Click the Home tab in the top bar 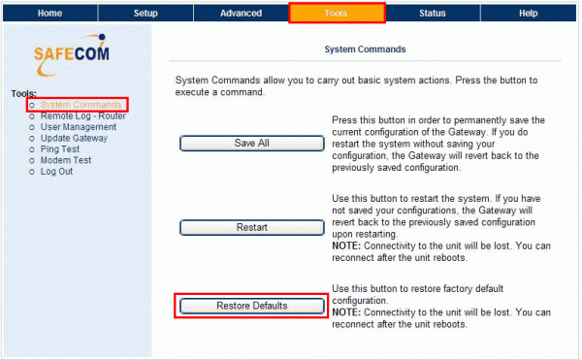point(48,14)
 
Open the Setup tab point(145,14)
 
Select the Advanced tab point(241,14)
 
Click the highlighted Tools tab point(337,14)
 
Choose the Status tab point(433,14)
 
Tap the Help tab point(528,14)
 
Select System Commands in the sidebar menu point(81,105)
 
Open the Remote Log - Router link point(82,115)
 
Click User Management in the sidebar point(79,127)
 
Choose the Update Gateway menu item point(75,138)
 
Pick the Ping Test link point(61,149)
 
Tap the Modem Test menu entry point(66,160)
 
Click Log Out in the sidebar point(56,172)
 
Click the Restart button point(251,227)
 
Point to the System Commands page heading point(364,48)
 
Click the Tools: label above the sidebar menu point(23,94)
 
